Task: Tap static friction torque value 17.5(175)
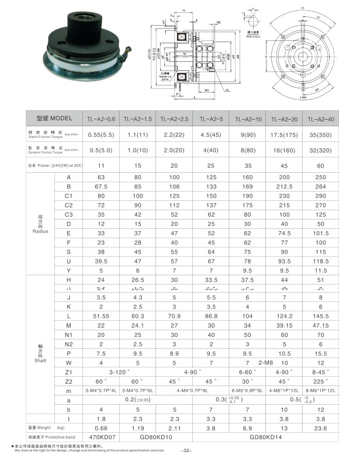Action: [x=286, y=134]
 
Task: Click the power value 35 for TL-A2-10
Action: [x=248, y=165]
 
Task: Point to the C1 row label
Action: [x=68, y=196]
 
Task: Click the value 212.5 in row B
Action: [x=286, y=186]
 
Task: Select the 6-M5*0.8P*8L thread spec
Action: [x=248, y=390]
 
